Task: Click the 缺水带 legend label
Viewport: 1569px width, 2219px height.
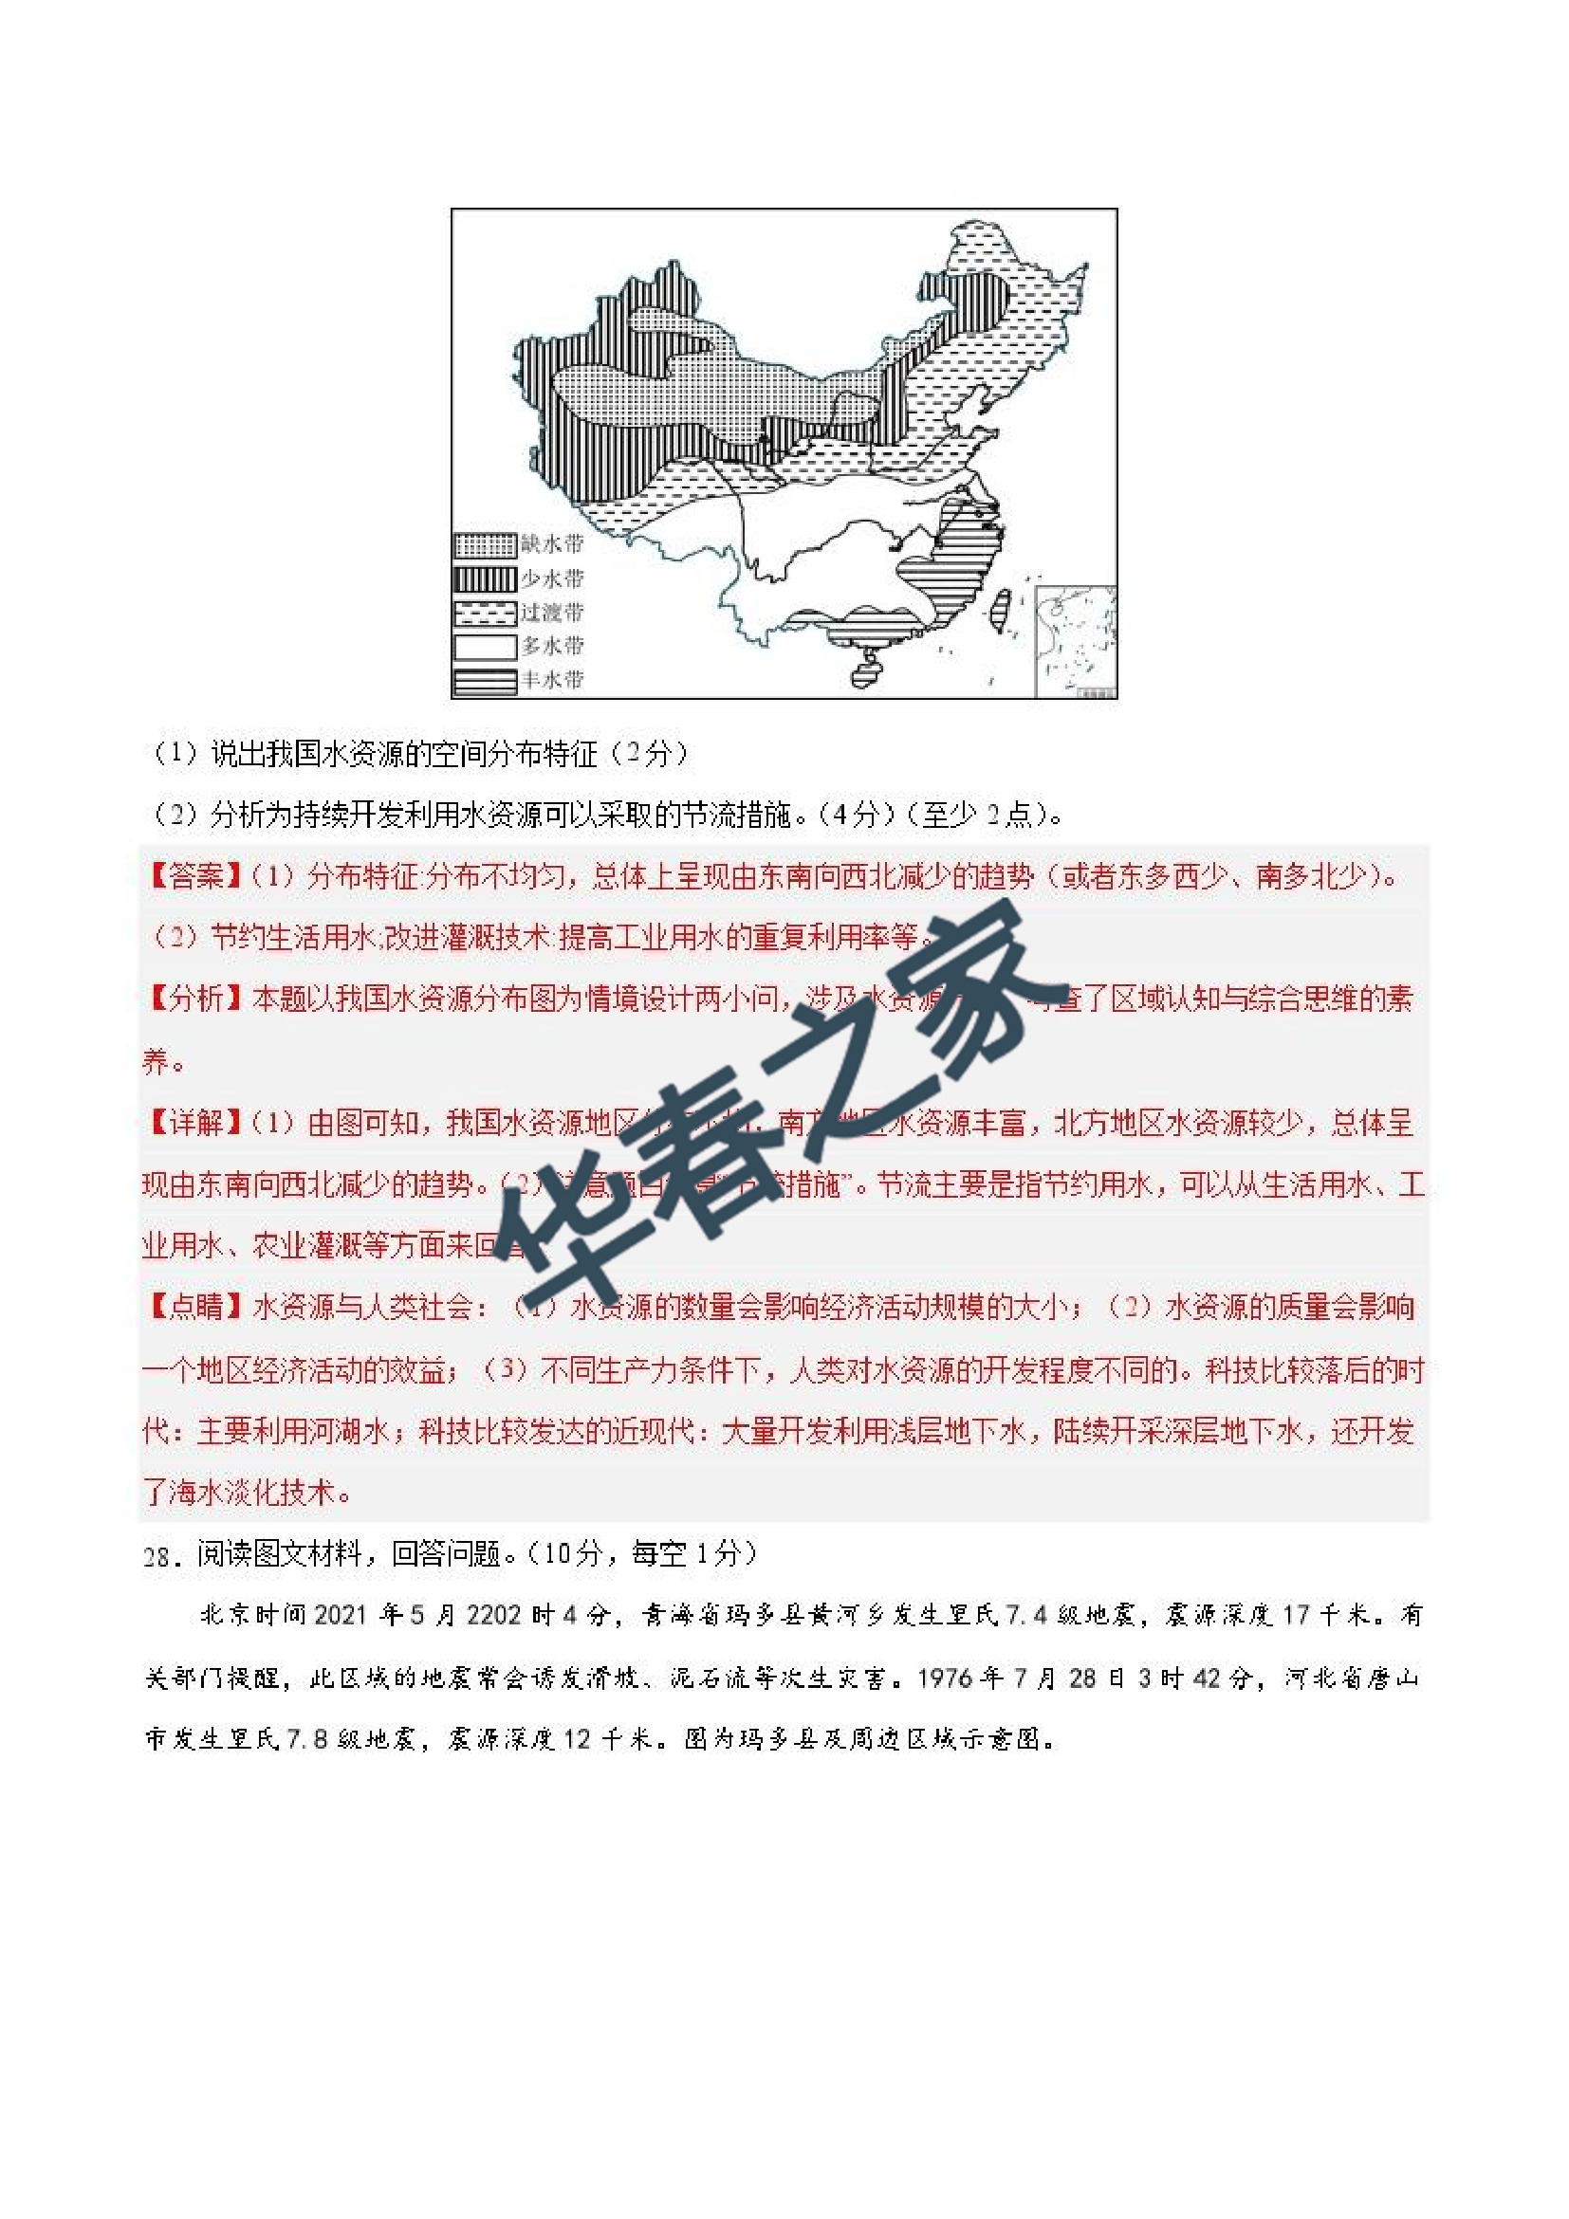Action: [x=552, y=544]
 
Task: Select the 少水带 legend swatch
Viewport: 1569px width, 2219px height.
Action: [x=485, y=578]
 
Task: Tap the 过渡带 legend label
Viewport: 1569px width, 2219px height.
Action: [x=552, y=612]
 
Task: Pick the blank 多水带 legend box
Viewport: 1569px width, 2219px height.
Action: [x=485, y=646]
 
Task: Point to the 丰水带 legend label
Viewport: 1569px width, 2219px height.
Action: [x=552, y=679]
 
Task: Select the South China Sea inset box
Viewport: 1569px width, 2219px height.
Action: [x=1075, y=639]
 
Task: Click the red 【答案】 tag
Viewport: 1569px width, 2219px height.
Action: [x=194, y=876]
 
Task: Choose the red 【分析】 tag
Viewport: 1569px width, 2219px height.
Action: [x=194, y=999]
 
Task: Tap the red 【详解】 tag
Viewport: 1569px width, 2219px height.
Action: [x=194, y=1122]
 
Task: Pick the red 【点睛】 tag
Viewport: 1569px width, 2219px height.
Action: [x=194, y=1307]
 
